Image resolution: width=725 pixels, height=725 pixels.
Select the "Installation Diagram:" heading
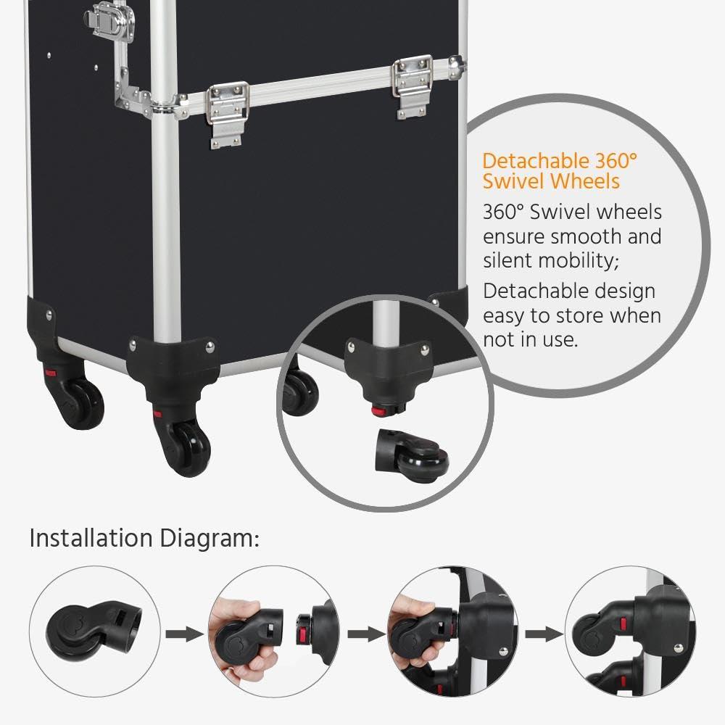click(144, 539)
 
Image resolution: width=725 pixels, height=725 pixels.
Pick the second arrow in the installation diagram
click(365, 634)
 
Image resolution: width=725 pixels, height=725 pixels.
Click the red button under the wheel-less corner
click(378, 411)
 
